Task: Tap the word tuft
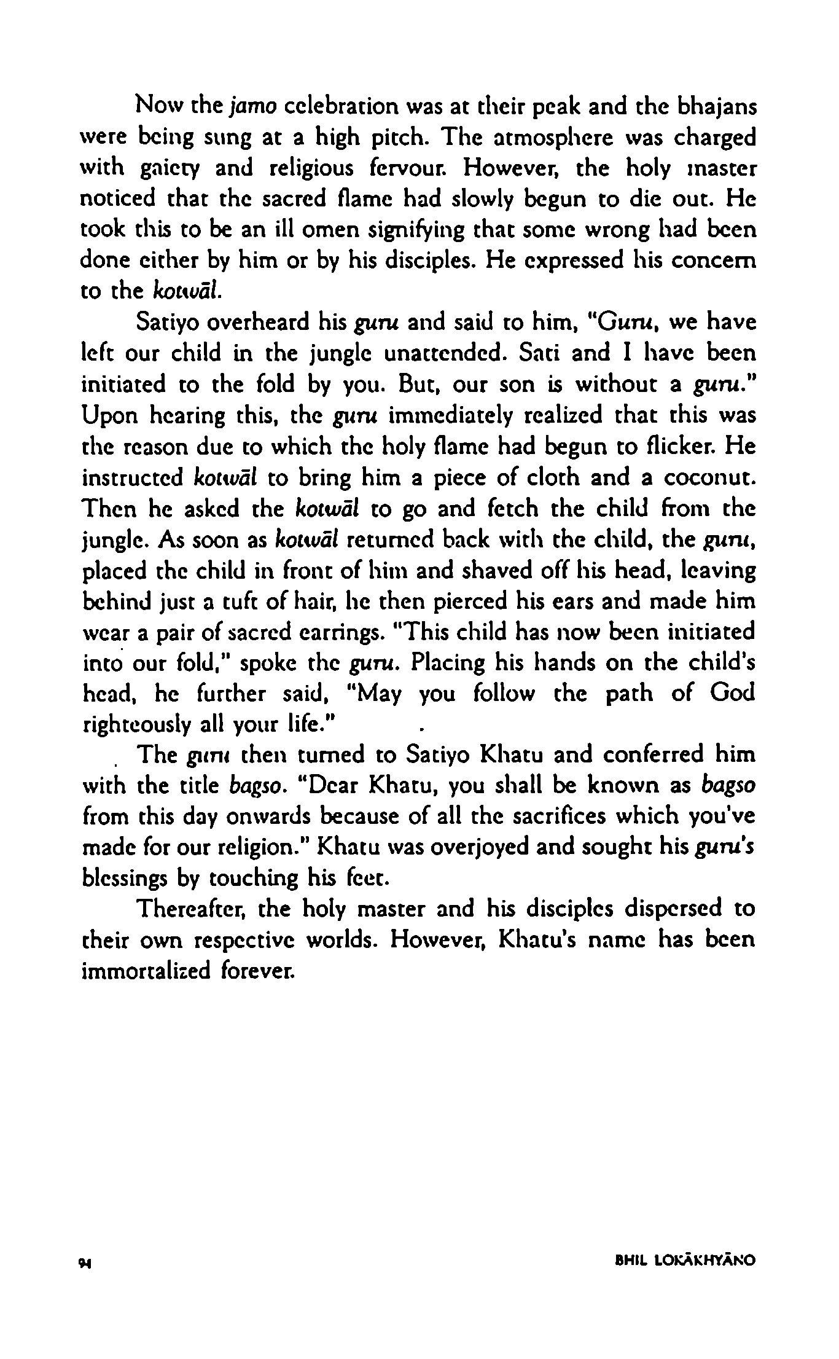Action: coord(249,601)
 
